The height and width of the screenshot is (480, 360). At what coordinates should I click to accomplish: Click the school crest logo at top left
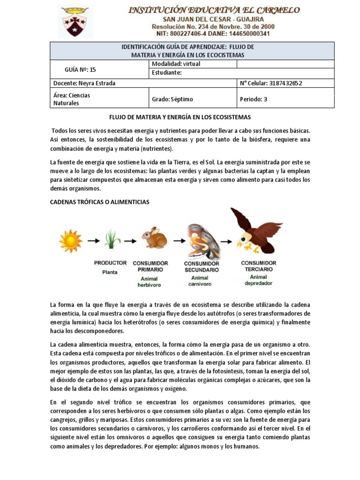click(75, 22)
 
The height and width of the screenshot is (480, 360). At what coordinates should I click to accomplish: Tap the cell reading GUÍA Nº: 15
click(80, 69)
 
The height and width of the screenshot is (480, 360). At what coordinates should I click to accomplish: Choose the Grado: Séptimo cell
click(172, 99)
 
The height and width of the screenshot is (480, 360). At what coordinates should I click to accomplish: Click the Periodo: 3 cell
click(254, 99)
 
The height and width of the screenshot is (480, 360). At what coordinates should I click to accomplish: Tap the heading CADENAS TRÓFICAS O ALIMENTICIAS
click(99, 202)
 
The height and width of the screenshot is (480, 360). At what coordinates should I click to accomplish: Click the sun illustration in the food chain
click(71, 240)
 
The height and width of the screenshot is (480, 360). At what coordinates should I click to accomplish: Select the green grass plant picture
click(112, 239)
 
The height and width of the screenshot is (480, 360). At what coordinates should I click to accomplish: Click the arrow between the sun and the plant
click(93, 241)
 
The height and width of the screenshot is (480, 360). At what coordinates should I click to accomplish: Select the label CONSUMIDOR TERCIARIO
click(258, 266)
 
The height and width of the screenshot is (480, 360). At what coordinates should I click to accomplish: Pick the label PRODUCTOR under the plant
click(111, 263)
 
